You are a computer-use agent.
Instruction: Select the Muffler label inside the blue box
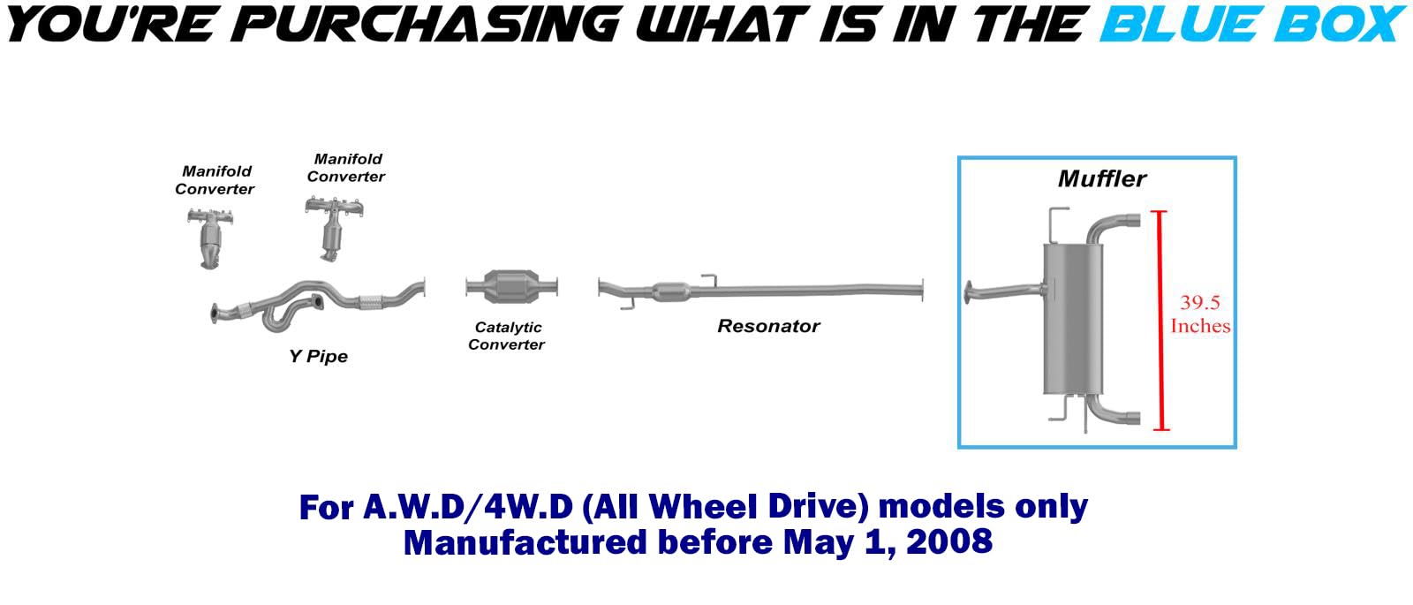pos(1101,178)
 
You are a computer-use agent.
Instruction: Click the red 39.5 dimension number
pos(1200,302)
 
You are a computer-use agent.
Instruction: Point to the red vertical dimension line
pos(1160,321)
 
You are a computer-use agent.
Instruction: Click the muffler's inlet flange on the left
pos(968,293)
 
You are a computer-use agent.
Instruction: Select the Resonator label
pos(768,326)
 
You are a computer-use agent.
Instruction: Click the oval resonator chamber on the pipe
pos(670,291)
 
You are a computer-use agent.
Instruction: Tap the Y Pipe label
pos(319,357)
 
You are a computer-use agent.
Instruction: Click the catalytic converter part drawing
pos(511,287)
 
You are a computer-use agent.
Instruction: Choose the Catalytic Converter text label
pos(507,336)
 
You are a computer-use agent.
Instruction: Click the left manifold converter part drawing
pos(211,238)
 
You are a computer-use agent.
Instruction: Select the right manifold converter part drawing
pos(333,229)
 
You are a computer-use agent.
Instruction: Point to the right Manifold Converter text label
pos(346,168)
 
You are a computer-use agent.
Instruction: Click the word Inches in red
pos(1200,326)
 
